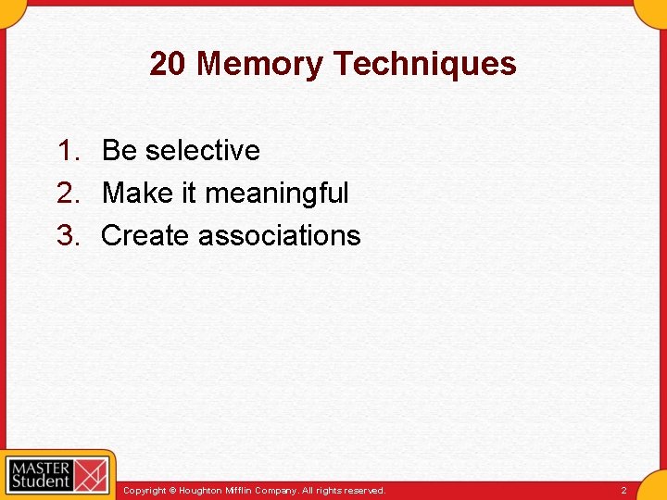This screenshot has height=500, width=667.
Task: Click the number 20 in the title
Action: click(169, 64)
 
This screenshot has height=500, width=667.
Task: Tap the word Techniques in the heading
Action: click(425, 64)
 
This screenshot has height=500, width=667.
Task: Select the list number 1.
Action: click(69, 150)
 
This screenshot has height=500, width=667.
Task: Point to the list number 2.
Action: click(69, 193)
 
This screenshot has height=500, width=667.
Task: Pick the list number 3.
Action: click(69, 235)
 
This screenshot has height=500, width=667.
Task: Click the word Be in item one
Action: click(118, 150)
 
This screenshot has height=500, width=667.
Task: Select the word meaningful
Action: click(277, 194)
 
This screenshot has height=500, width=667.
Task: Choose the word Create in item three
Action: click(145, 235)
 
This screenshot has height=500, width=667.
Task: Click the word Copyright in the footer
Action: click(145, 491)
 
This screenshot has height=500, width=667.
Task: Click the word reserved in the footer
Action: click(363, 491)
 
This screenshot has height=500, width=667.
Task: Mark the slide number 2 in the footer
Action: click(623, 491)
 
